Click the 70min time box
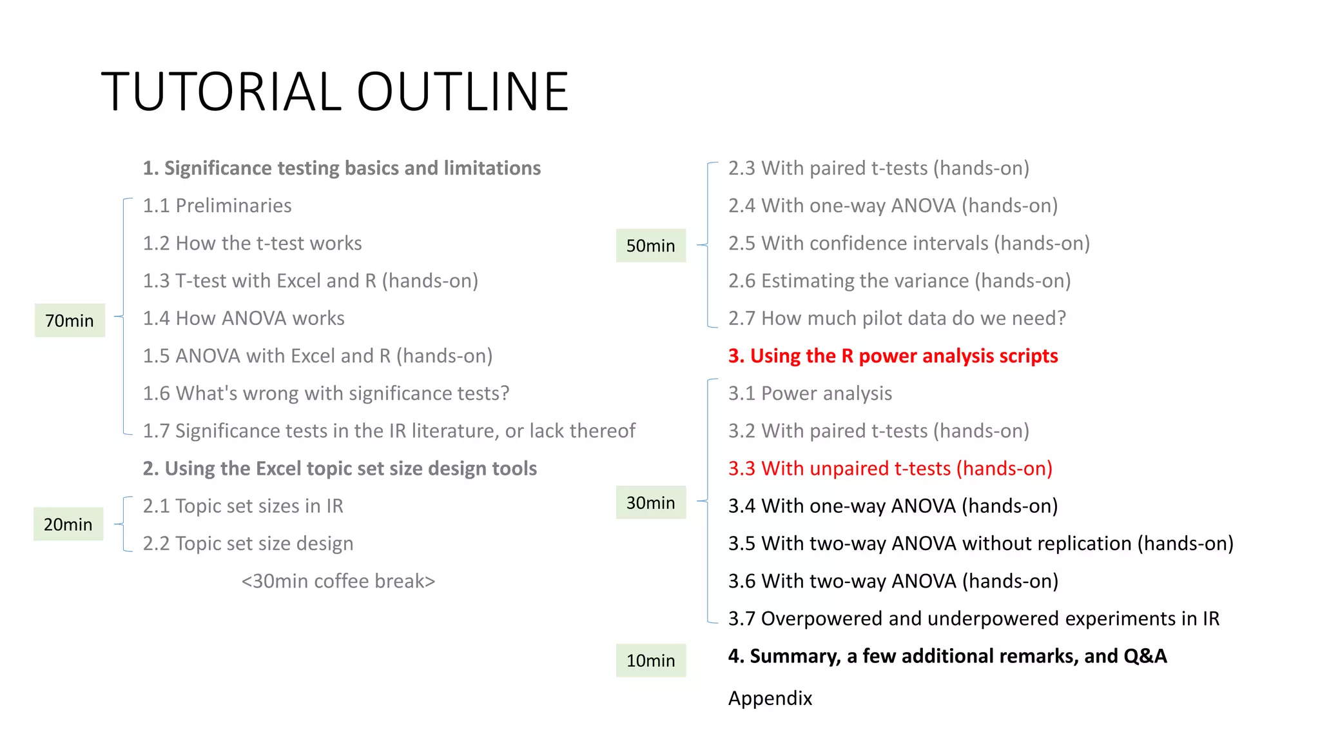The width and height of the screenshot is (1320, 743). [x=70, y=321]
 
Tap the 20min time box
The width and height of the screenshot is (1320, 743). [x=68, y=524]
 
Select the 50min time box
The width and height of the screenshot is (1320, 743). [x=650, y=246]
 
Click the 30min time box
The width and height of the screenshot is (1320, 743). [x=650, y=502]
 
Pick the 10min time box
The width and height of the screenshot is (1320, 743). [x=650, y=660]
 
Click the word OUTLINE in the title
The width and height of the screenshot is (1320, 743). [x=462, y=92]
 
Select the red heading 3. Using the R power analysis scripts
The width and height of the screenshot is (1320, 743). [x=893, y=356]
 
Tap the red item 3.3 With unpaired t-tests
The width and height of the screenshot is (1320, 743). [x=890, y=468]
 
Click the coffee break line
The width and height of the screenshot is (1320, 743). [x=338, y=581]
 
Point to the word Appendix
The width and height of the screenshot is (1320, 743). [x=770, y=698]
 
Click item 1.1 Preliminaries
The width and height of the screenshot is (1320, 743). [x=217, y=206]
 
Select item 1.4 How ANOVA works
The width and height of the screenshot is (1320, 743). [x=244, y=319]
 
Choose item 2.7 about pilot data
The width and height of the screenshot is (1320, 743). [x=897, y=319]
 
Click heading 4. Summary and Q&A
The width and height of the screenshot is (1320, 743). [x=947, y=656]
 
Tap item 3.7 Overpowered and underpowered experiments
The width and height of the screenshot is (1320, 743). [x=973, y=619]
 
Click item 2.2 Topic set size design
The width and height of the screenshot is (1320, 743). [x=248, y=544]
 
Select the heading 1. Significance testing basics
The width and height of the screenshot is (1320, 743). [x=342, y=168]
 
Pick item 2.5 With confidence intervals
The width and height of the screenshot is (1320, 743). [x=909, y=243]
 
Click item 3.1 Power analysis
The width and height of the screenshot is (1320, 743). [x=810, y=393]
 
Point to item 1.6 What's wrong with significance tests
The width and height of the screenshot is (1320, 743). [x=326, y=393]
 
